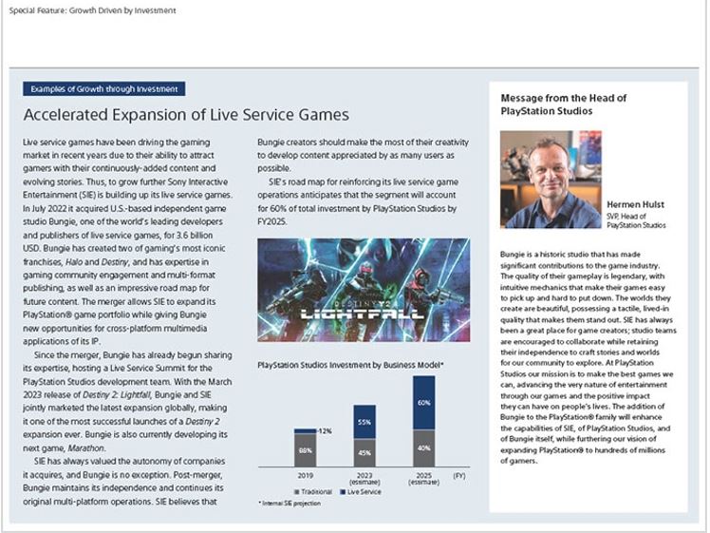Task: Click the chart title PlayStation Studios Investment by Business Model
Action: (350, 363)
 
